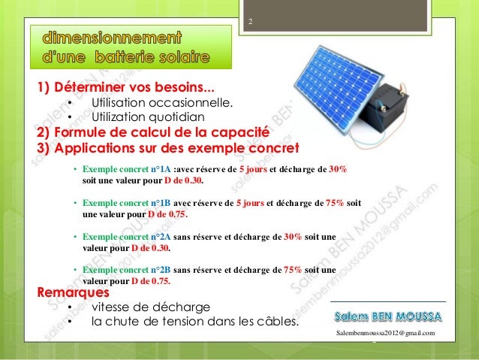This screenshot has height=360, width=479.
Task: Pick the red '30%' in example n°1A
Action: [x=338, y=170]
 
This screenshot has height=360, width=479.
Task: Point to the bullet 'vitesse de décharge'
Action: [x=150, y=307]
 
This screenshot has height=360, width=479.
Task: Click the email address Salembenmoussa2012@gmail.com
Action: [x=387, y=332]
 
